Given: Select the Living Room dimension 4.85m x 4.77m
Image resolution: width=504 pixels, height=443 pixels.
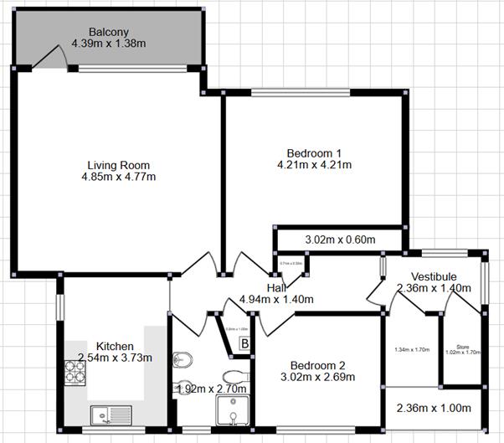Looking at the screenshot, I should point(118,177).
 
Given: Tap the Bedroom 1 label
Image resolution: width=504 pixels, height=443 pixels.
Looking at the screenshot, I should point(314,152).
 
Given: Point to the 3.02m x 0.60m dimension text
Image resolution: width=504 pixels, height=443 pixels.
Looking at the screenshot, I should point(339,240).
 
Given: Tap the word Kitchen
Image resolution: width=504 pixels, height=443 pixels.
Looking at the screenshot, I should point(115,346).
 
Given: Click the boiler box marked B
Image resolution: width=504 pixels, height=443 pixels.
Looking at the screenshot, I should point(245,343).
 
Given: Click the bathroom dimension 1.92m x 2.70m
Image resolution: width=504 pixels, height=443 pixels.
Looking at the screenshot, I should point(212,389).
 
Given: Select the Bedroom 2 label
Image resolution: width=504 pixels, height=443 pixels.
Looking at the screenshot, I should point(317,365).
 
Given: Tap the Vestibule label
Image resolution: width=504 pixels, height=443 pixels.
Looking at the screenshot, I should point(434,276).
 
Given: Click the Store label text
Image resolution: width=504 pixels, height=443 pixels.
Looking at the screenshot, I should point(462,346).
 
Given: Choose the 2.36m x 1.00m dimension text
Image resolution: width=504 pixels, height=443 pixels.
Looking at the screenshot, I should point(434,409).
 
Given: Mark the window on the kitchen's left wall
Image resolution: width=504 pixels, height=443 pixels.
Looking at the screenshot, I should point(59,299).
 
